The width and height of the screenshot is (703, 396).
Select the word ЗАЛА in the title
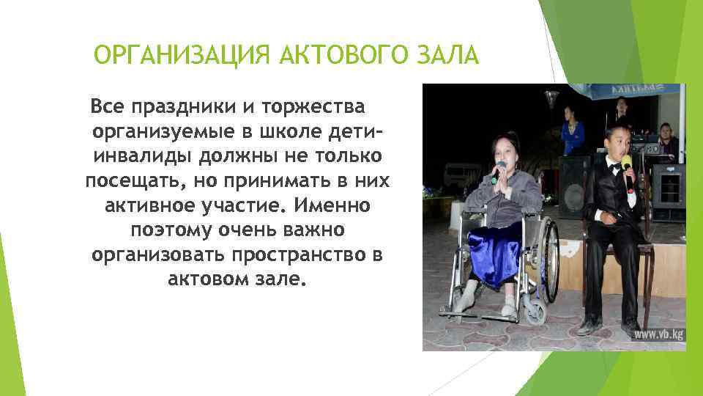(x=447, y=55)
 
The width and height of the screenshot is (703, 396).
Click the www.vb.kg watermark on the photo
(x=658, y=334)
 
